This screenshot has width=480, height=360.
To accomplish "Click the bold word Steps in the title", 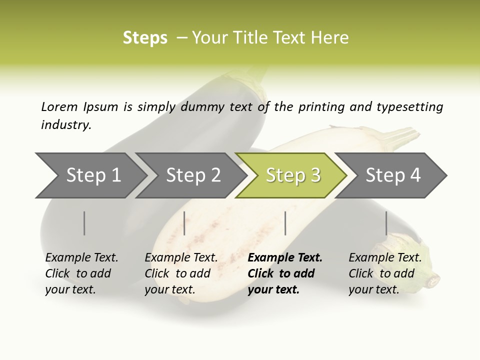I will (145, 38).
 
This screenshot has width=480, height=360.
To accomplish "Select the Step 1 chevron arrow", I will (90, 175).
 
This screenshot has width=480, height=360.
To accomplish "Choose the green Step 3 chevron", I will (292, 175).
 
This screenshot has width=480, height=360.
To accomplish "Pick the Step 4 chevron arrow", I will (392, 175).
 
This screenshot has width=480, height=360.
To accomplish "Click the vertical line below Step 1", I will (84, 223).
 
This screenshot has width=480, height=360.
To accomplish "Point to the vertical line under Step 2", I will (184, 223).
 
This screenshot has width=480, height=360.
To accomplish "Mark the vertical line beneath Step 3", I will (285, 223).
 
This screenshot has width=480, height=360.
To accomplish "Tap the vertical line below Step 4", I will (386, 223).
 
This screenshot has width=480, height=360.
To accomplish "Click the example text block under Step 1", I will (81, 273).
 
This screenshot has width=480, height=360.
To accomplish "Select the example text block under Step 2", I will (181, 273).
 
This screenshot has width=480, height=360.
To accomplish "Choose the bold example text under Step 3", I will (285, 273).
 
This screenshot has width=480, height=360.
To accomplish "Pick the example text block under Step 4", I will (385, 273).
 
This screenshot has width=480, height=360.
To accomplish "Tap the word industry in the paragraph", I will (66, 125).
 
